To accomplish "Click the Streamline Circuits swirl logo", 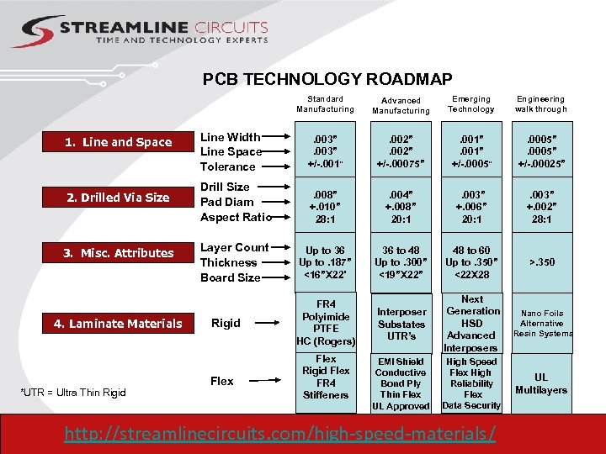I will click(x=33, y=32).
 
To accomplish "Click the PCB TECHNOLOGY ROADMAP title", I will click(x=327, y=79).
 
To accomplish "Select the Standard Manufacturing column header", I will click(x=325, y=104).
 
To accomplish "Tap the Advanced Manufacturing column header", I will click(x=401, y=105).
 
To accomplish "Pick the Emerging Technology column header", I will click(x=471, y=104).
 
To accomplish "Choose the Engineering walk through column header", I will click(x=541, y=104).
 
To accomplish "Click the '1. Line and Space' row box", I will click(x=119, y=142).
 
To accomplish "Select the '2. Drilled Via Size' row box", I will click(x=119, y=198).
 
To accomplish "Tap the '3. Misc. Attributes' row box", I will click(x=119, y=253).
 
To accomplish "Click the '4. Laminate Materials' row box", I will click(x=119, y=324).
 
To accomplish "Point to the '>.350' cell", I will click(x=541, y=262).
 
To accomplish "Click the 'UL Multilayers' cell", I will click(x=541, y=383).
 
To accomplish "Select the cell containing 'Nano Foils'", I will click(x=541, y=323).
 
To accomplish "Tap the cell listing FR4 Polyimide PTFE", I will click(x=326, y=323).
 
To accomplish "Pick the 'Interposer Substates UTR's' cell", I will click(x=401, y=324).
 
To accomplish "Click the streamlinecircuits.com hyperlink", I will click(x=280, y=434).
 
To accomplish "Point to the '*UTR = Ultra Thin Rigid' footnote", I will click(x=72, y=393).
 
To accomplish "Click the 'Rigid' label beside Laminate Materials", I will click(x=226, y=323).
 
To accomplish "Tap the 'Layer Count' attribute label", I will click(x=234, y=247).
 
